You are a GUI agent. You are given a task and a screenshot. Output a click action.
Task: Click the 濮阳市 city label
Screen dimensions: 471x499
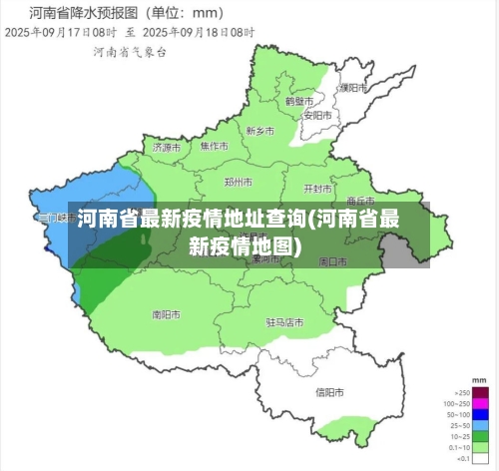click(x=348, y=88)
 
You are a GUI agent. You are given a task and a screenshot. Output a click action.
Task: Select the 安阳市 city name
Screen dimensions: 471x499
click(x=316, y=115)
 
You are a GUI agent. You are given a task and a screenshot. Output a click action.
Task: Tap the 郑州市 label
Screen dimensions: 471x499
click(x=238, y=183)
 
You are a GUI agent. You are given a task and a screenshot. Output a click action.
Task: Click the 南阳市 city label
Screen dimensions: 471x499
click(x=166, y=314)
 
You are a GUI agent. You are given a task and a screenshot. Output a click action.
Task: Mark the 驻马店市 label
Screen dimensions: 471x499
click(x=284, y=322)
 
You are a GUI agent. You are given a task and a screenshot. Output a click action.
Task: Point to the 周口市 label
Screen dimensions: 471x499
click(x=332, y=260)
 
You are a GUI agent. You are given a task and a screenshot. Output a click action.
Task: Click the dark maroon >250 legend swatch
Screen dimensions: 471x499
click(x=481, y=393)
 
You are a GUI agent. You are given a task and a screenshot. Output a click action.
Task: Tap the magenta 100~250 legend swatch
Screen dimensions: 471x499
click(x=481, y=403)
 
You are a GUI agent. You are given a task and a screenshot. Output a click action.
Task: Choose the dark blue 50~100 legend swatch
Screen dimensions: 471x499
click(x=481, y=414)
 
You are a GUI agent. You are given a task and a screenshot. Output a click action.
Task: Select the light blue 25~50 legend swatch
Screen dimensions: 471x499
click(x=481, y=425)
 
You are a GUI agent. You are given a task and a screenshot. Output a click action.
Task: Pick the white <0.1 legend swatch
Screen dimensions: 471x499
click(x=481, y=459)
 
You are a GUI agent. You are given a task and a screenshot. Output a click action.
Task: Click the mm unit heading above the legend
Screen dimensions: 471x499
click(x=480, y=382)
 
